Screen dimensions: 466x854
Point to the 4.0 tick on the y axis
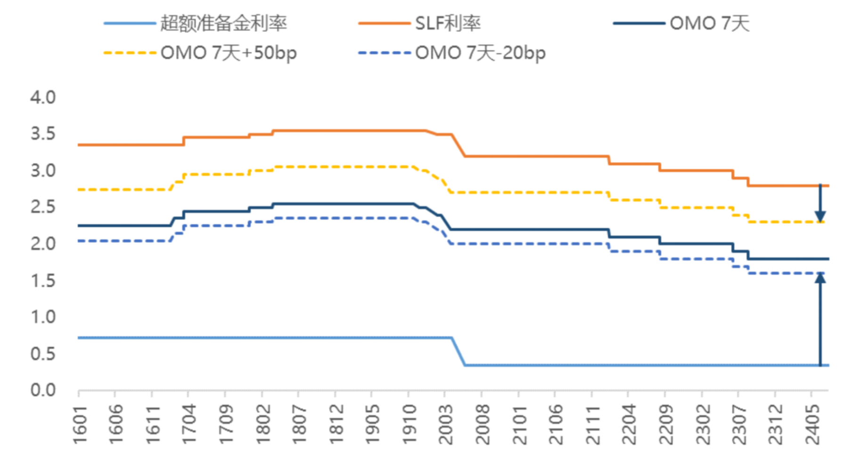[x=43, y=98]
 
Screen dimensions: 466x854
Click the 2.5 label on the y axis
[x=43, y=207]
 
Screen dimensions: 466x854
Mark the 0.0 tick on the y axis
[x=43, y=390]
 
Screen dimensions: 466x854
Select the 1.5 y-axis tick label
[x=43, y=280]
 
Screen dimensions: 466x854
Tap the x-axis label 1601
[x=80, y=424]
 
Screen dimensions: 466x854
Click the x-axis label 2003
[x=445, y=424]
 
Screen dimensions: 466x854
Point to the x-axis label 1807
[x=299, y=424]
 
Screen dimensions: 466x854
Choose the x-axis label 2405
[x=812, y=424]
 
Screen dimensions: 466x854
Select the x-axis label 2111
[x=592, y=424]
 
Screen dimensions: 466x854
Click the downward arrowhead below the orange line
[x=820, y=217]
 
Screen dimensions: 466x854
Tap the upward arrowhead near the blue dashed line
[x=820, y=278]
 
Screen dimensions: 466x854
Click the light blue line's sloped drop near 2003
[x=459, y=352]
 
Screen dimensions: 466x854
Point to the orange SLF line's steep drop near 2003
[x=459, y=146]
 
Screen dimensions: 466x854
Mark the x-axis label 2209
[x=665, y=424]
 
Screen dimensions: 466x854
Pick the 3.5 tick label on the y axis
[x=43, y=134]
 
